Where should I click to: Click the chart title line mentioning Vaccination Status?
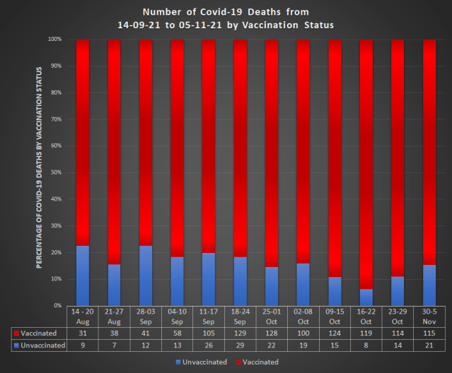226,25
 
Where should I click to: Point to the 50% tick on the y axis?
54,172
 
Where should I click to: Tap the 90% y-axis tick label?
54,66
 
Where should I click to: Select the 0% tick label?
56,305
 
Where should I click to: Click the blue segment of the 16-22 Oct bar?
366,297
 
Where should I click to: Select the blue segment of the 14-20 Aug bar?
83,276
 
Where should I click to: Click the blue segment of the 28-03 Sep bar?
146,276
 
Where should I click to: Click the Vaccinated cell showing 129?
240,333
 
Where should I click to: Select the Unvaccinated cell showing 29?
240,345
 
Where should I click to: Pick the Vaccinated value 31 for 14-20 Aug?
83,333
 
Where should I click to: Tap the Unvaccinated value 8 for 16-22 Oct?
366,345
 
